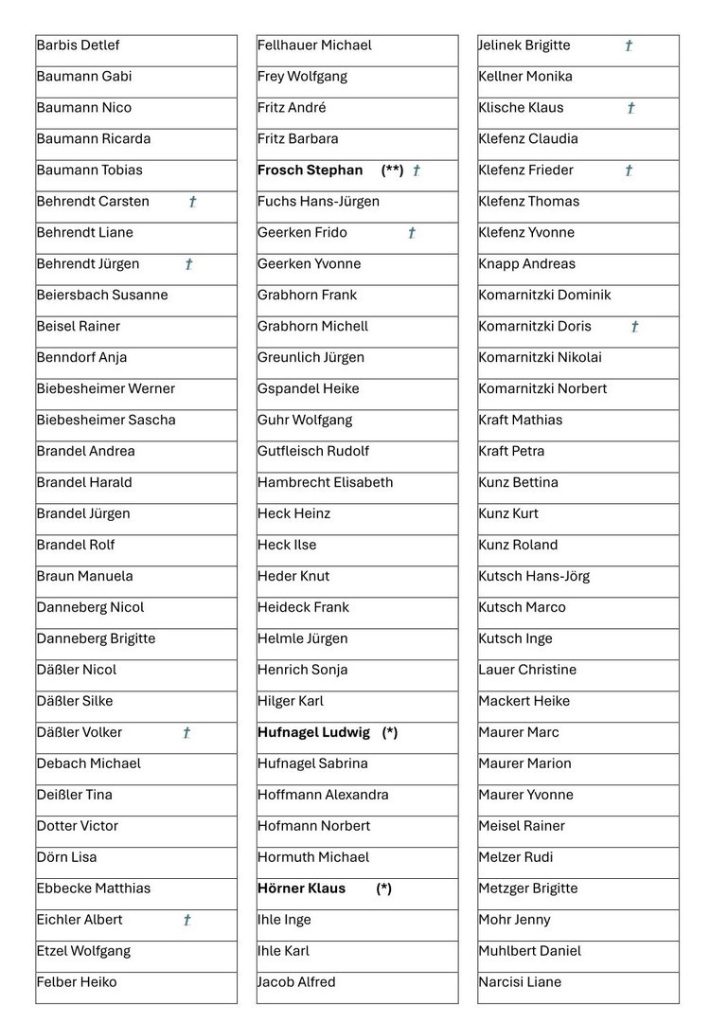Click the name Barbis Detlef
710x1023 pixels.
click(x=79, y=45)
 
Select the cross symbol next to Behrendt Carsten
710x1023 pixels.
click(x=193, y=202)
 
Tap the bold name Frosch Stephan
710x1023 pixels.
click(x=311, y=170)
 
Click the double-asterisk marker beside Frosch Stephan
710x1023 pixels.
click(x=393, y=170)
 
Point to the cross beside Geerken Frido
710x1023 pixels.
click(x=412, y=233)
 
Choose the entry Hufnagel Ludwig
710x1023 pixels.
click(x=314, y=732)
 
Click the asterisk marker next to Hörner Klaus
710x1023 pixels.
click(x=383, y=888)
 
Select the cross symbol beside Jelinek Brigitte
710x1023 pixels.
click(x=629, y=45)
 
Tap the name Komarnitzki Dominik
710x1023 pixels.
click(x=545, y=295)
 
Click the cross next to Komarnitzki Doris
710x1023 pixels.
click(x=634, y=327)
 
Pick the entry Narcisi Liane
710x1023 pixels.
click(x=520, y=982)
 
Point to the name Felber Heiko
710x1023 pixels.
click(x=77, y=982)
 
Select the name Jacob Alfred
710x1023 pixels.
click(x=296, y=982)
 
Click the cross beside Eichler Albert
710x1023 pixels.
click(x=187, y=920)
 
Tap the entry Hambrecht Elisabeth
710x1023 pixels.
click(x=326, y=482)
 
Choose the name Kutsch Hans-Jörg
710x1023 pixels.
click(x=534, y=576)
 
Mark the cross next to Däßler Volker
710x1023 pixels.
click(x=186, y=732)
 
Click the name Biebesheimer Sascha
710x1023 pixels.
click(x=106, y=420)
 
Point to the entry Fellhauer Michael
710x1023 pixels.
click(x=315, y=45)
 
